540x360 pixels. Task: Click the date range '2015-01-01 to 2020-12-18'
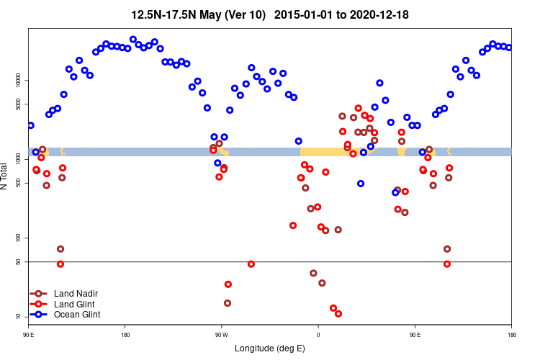(342, 14)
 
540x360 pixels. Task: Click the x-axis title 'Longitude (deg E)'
(269, 348)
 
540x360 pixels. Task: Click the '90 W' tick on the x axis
(221, 335)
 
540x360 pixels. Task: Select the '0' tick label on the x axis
(318, 335)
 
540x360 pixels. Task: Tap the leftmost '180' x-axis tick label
(125, 335)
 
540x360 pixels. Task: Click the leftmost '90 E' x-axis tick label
(29, 335)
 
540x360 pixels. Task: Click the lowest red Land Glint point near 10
(338, 314)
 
